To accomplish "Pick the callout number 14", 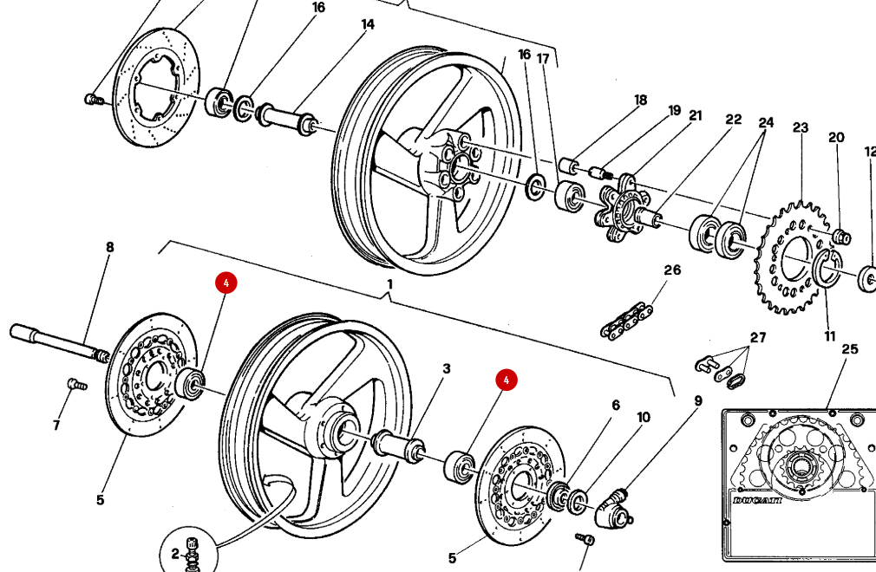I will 368,24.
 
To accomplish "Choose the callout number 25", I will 849,349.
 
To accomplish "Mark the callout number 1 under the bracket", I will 389,284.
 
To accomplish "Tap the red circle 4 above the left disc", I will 225,283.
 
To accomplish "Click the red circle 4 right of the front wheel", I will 507,380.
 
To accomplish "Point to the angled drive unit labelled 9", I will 618,507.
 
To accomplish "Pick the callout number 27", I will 759,338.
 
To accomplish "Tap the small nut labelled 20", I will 840,237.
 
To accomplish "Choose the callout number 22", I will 734,119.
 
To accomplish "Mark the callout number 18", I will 640,100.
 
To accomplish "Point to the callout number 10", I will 643,418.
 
